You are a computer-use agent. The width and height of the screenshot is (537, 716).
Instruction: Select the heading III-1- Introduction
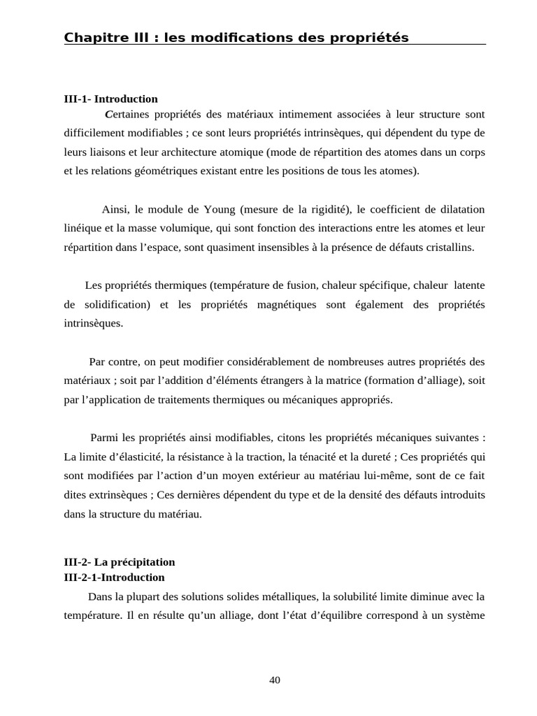pyautogui.click(x=110, y=99)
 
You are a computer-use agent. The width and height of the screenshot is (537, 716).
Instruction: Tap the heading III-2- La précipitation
pyautogui.click(x=119, y=561)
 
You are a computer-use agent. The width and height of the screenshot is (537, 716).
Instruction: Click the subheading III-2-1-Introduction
pyautogui.click(x=114, y=577)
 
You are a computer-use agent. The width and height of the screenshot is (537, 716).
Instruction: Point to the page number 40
pyautogui.click(x=274, y=680)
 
